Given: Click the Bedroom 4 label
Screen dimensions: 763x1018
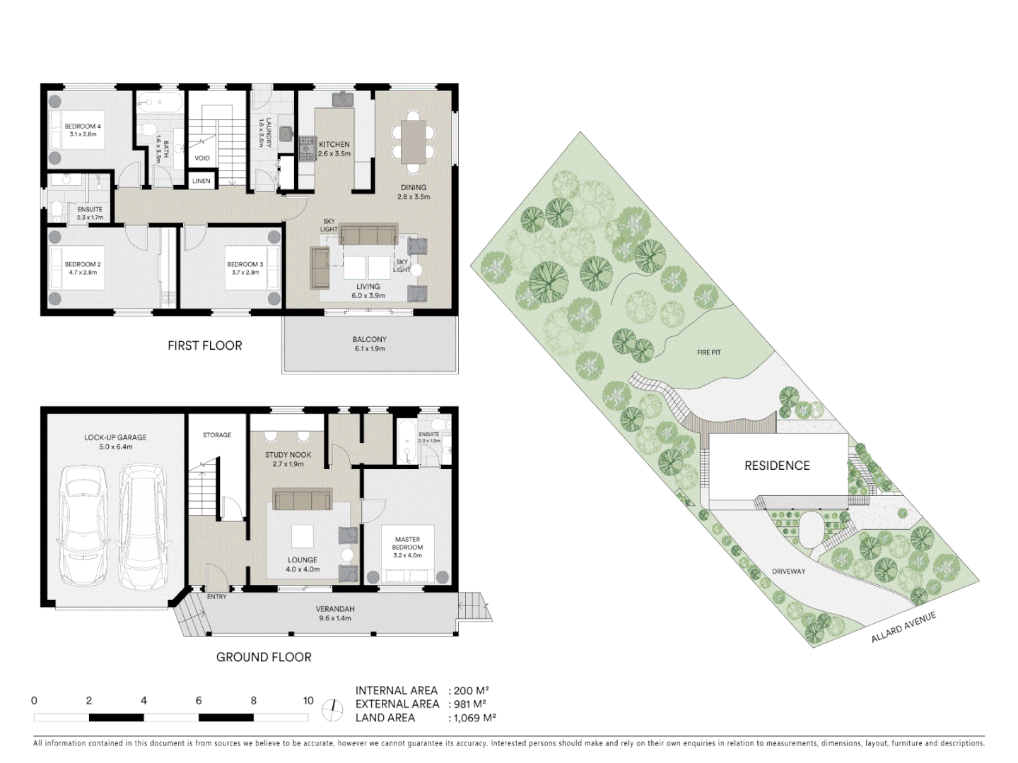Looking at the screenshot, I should click(83, 126).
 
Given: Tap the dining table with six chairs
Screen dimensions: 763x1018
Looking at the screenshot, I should click(414, 141).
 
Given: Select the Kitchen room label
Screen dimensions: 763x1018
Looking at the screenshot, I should click(334, 144).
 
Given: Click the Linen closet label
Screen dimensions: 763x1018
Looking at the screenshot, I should click(201, 181).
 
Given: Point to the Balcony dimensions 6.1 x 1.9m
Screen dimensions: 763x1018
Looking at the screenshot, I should click(369, 348).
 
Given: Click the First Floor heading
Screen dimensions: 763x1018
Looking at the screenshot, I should click(204, 345).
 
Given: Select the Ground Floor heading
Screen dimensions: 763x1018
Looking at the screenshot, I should click(264, 657).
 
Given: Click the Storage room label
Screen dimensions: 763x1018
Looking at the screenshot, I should click(217, 435).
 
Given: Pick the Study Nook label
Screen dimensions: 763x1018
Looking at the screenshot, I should click(288, 455).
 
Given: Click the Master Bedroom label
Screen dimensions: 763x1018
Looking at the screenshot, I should click(407, 543).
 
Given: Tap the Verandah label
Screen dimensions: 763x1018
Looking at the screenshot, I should click(334, 608).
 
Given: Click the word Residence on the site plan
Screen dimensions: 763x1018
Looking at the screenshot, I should click(777, 466).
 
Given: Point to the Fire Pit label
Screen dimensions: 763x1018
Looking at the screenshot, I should click(708, 352).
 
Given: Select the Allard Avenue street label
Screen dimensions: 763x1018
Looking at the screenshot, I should click(903, 627).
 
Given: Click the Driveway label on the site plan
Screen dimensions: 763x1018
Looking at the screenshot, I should click(788, 571).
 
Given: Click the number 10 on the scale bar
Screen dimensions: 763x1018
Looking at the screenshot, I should click(308, 701).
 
